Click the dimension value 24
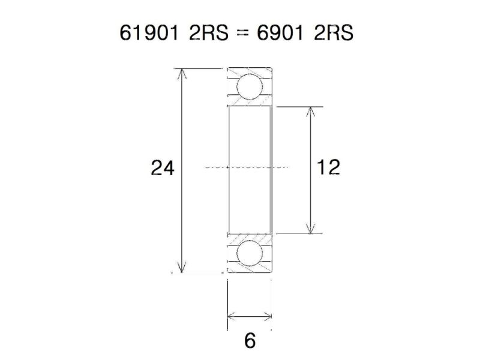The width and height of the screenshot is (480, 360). (x=163, y=169)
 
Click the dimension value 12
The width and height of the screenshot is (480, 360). (x=328, y=167)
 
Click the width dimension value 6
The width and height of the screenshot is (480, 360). (x=250, y=340)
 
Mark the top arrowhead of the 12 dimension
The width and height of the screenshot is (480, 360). (x=310, y=112)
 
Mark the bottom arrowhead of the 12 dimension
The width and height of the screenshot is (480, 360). (x=310, y=229)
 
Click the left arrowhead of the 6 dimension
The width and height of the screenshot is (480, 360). (x=231, y=315)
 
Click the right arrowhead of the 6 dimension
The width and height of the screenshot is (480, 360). (x=268, y=315)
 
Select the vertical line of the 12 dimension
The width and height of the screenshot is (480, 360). (x=310, y=192)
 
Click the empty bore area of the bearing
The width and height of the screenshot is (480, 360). (x=249, y=138)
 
